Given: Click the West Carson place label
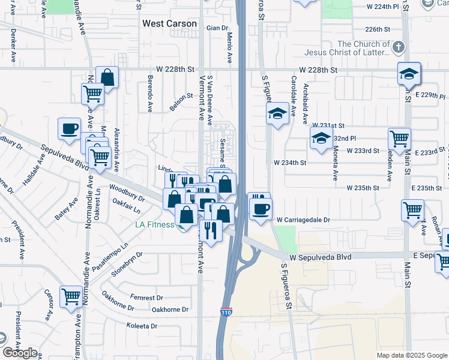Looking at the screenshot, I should [x=169, y=23].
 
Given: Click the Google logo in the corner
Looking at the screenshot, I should [x=20, y=353].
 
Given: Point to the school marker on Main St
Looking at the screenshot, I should [x=409, y=74].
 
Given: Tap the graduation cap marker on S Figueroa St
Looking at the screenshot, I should [x=277, y=113].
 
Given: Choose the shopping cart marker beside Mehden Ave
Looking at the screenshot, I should [x=399, y=139].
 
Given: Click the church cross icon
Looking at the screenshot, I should [x=398, y=47].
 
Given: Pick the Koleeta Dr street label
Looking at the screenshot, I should [x=142, y=326].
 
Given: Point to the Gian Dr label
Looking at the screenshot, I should [x=218, y=28].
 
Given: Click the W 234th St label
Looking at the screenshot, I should [x=290, y=163].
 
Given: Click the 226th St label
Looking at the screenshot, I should [x=378, y=29].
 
